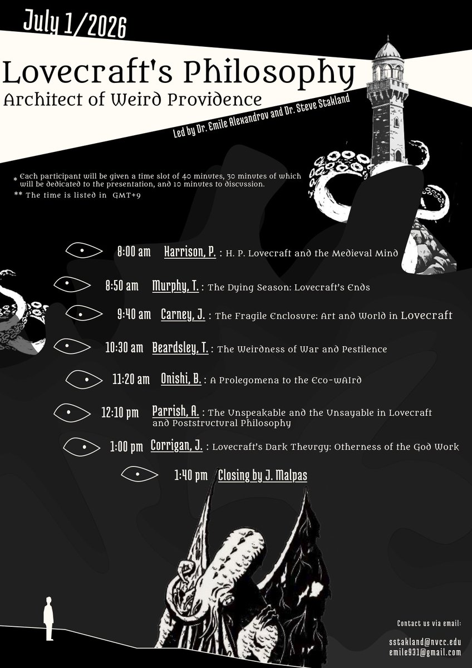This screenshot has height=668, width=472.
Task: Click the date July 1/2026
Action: pos(75,24)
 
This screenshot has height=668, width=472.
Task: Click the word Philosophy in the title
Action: pos(269,72)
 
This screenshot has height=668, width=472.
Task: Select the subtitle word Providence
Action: pos(215,100)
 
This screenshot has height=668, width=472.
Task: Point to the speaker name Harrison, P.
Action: pos(190,252)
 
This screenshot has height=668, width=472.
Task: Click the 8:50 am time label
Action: pos(122,286)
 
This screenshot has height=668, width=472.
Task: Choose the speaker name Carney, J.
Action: pos(183,315)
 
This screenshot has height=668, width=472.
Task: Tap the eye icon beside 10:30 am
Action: pos(72,346)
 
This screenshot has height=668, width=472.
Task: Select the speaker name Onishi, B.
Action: pos(181,379)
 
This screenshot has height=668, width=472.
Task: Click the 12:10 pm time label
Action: pos(120,412)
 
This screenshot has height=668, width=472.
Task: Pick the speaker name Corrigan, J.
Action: pos(176,445)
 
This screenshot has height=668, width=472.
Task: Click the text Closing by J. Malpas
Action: pos(262,475)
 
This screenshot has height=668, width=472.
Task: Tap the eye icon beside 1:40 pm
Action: pos(140,474)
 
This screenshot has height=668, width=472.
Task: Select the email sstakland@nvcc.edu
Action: pos(425,642)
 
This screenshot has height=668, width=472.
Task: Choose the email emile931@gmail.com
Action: pos(425,652)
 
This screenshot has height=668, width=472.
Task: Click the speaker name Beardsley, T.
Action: pos(180,348)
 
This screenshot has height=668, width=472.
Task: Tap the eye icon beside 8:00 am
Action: pos(84,250)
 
